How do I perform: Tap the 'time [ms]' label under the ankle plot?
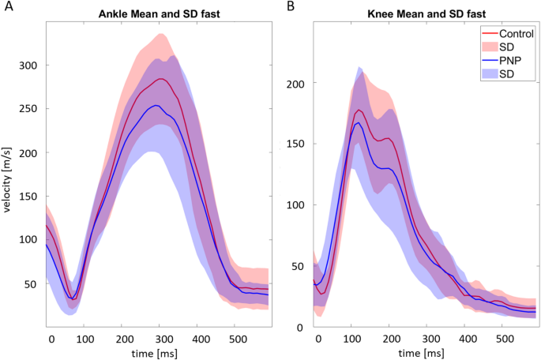pyautogui.click(x=159, y=351)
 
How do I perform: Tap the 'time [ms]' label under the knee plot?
pyautogui.click(x=425, y=351)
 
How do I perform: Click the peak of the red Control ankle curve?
pyautogui.click(x=161, y=79)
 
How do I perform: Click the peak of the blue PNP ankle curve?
pyautogui.click(x=157, y=105)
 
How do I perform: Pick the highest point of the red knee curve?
pyautogui.click(x=359, y=110)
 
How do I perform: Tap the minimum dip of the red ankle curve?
pyautogui.click(x=72, y=298)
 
